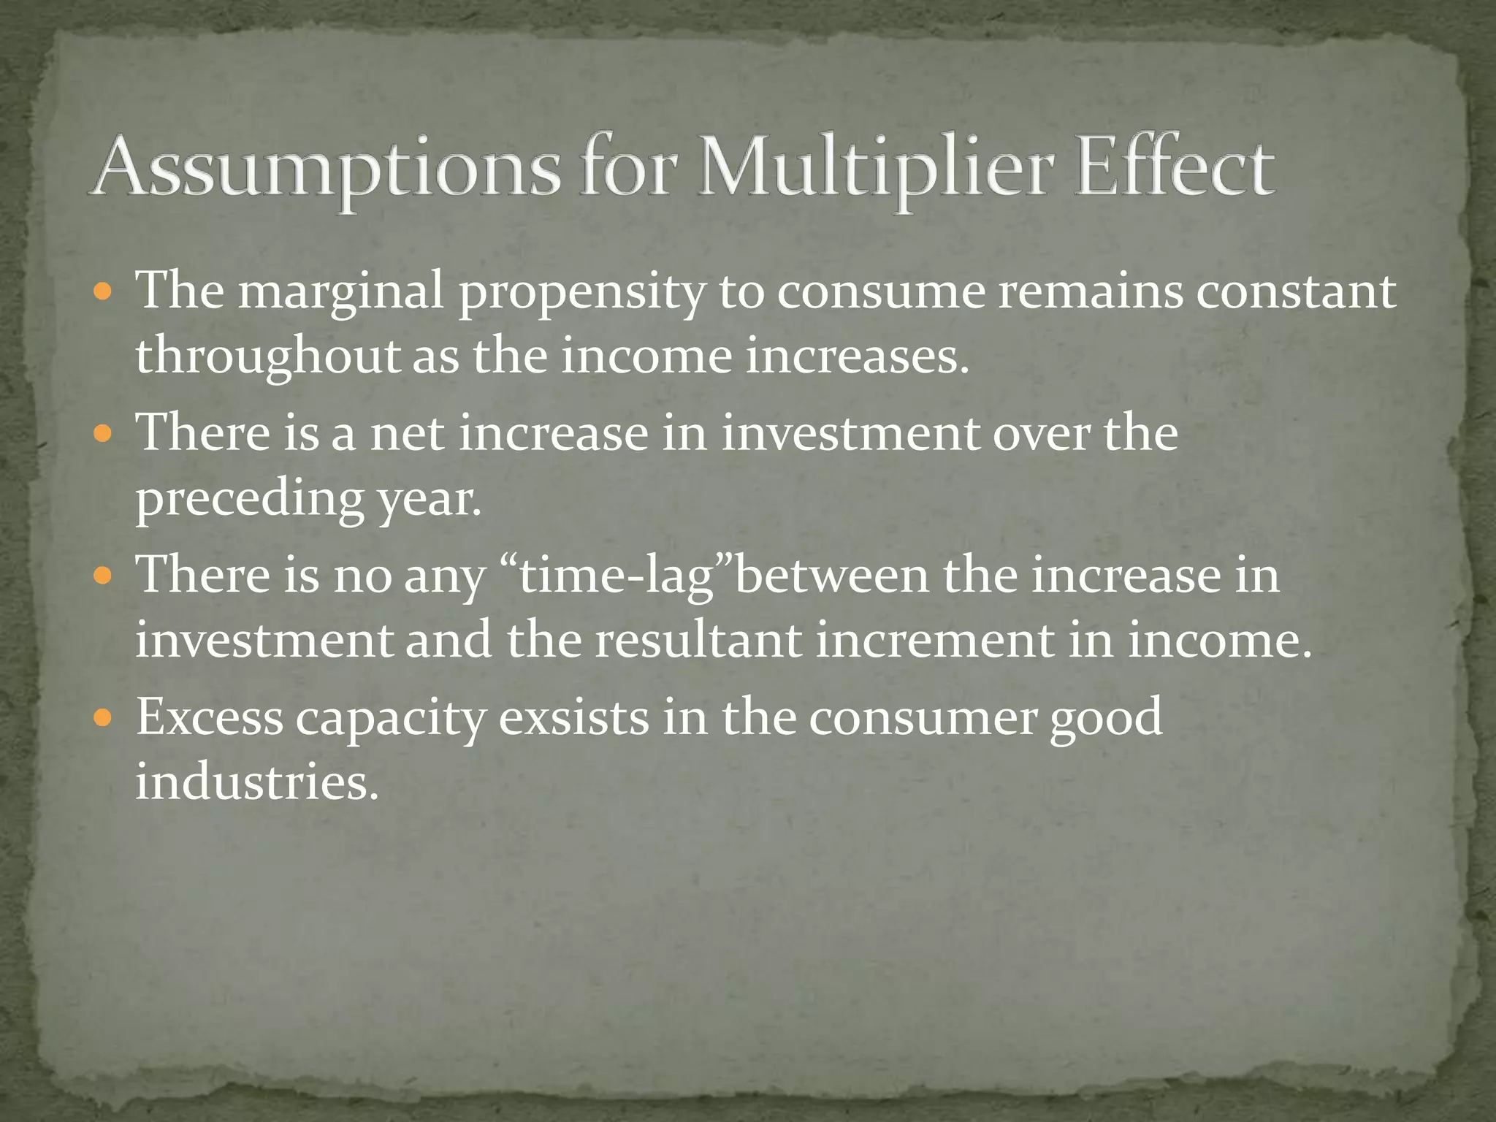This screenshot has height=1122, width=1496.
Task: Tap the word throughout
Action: (x=267, y=358)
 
